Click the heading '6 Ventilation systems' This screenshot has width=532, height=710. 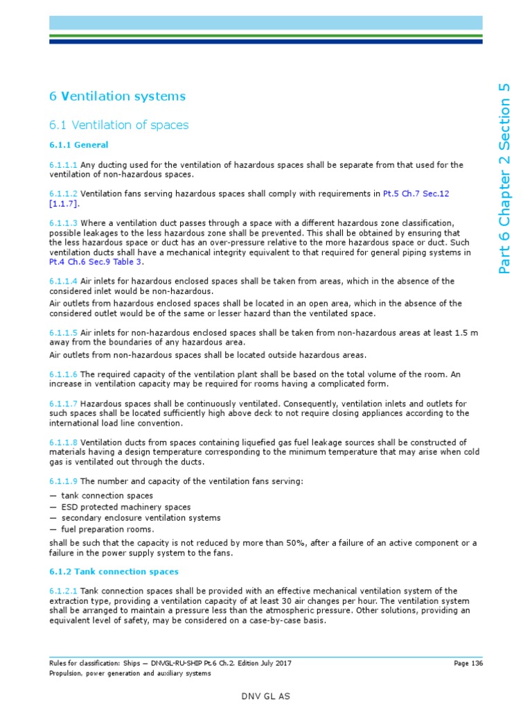click(117, 96)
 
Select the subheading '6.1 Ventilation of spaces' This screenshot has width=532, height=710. click(118, 125)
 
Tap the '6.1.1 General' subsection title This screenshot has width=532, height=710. click(78, 146)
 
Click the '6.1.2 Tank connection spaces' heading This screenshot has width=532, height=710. click(114, 571)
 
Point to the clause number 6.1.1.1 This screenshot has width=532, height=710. click(63, 165)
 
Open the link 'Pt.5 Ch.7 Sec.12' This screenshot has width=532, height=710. click(416, 193)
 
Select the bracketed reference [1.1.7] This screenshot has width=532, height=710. click(64, 204)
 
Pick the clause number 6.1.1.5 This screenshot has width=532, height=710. click(63, 334)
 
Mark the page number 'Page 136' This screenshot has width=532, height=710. click(468, 663)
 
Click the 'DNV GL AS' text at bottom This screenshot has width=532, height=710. click(265, 695)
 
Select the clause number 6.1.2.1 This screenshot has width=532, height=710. click(63, 591)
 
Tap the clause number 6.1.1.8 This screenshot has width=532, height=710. click(63, 442)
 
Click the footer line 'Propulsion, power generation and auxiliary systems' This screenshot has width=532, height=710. click(130, 673)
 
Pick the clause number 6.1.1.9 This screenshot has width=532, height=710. click(63, 481)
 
